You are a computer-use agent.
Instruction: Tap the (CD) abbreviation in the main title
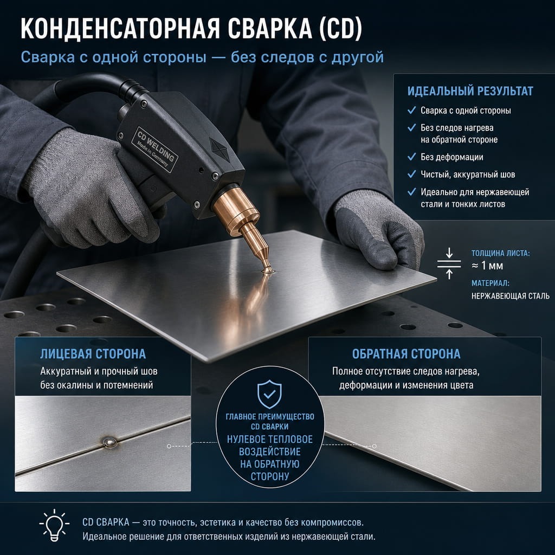pyautogui.click(x=340, y=28)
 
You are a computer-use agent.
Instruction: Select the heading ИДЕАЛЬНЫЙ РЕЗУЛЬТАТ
pyautogui.click(x=470, y=91)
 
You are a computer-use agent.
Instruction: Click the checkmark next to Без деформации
pyautogui.click(x=412, y=157)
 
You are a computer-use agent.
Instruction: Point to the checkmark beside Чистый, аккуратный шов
pyautogui.click(x=412, y=174)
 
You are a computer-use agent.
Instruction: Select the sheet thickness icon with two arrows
pyautogui.click(x=449, y=263)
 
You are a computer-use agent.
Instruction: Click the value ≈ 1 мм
pyautogui.click(x=487, y=266)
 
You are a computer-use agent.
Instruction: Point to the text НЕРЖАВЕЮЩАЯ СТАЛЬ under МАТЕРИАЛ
pyautogui.click(x=511, y=296)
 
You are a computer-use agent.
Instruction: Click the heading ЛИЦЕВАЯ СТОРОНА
pyautogui.click(x=93, y=354)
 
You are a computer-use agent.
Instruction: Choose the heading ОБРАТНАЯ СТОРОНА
pyautogui.click(x=406, y=354)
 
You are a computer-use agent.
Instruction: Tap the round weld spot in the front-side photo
pyautogui.click(x=108, y=442)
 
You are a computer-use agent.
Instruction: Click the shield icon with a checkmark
pyautogui.click(x=269, y=394)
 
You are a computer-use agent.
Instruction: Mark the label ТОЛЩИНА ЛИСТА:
pyautogui.click(x=500, y=253)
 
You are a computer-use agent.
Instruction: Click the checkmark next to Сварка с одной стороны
pyautogui.click(x=412, y=110)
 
